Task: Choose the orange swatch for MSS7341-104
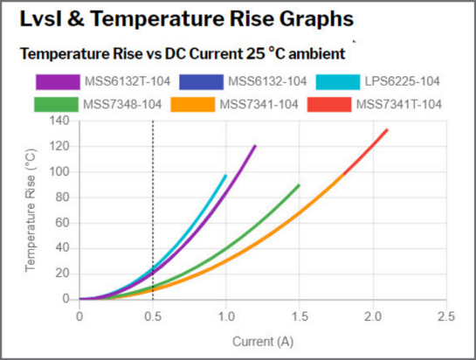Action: tap(192, 104)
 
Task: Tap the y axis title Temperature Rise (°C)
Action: tap(31, 210)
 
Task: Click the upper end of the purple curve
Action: tap(255, 146)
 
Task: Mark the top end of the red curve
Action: tap(387, 130)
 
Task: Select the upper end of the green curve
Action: tap(299, 185)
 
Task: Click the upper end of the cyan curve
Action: tap(225, 176)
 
